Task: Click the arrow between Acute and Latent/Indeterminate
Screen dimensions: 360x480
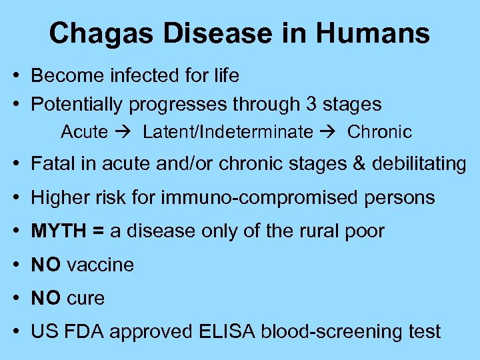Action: (125, 132)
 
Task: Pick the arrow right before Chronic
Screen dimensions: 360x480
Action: (329, 132)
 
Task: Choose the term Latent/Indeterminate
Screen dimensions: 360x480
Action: (227, 132)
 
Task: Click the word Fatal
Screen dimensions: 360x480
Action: (53, 164)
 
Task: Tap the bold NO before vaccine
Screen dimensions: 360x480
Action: (46, 265)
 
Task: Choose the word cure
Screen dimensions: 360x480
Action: (86, 298)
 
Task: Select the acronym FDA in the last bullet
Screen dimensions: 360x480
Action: (83, 331)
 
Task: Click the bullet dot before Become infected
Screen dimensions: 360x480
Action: (15, 76)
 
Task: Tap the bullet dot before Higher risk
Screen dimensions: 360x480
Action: (15, 198)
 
